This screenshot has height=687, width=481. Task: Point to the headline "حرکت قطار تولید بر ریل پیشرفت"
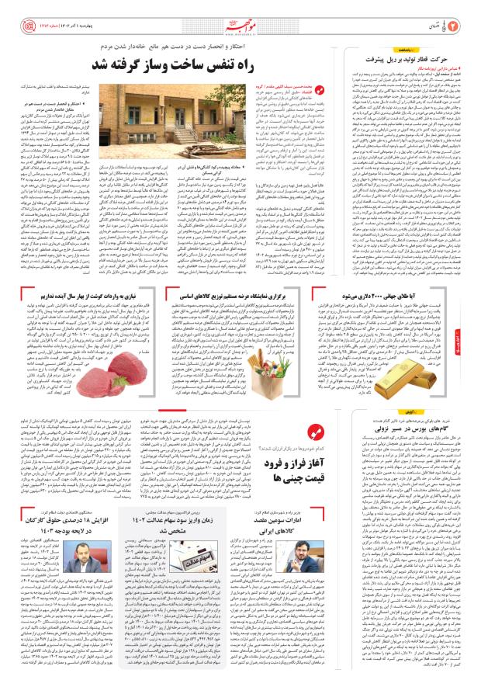pyautogui.click(x=407, y=57)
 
